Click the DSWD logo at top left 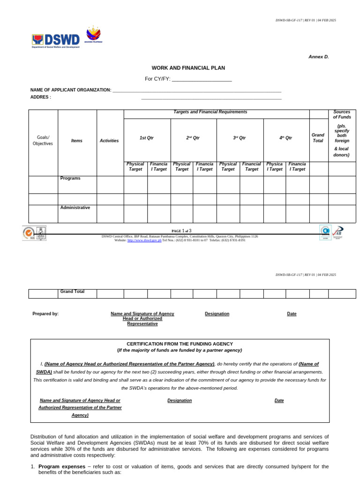pyautogui.click(x=55, y=41)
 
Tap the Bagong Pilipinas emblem pyautogui.click(x=93, y=34)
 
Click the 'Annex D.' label pyautogui.click(x=318, y=57)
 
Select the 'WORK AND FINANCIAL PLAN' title pyautogui.click(x=188, y=68)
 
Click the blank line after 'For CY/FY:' pyautogui.click(x=202, y=79)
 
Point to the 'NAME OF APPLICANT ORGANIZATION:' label pyautogui.click(x=71, y=90)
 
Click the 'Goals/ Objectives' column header pyautogui.click(x=43, y=141)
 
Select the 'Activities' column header pyautogui.click(x=110, y=141)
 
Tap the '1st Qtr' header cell pyautogui.click(x=147, y=138)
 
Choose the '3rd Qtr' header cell pyautogui.click(x=240, y=138)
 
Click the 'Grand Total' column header pyautogui.click(x=318, y=138)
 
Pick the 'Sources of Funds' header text pyautogui.click(x=342, y=114)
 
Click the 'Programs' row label pyautogui.click(x=70, y=179)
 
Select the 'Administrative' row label pyautogui.click(x=75, y=208)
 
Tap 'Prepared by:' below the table pyautogui.click(x=45, y=314)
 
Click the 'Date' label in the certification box pyautogui.click(x=279, y=400)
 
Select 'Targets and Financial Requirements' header pyautogui.click(x=210, y=112)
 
